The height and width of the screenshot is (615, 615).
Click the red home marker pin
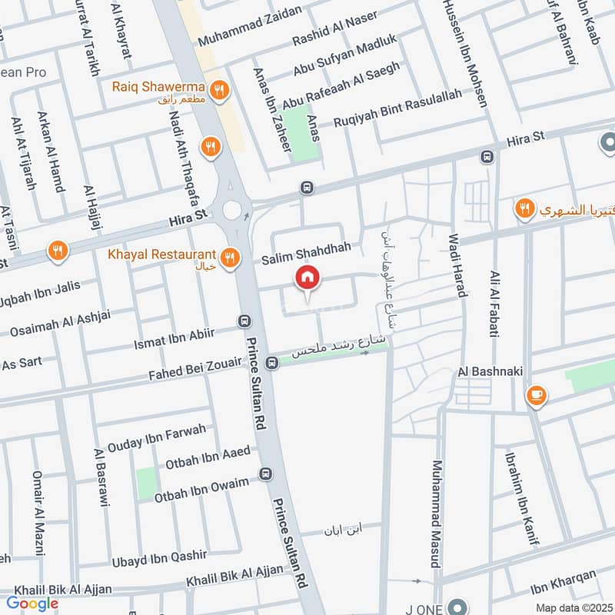(307, 278)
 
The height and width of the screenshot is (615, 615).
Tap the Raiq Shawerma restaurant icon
(219, 91)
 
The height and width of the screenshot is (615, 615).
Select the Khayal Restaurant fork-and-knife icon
(228, 255)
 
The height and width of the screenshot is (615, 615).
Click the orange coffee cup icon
(537, 395)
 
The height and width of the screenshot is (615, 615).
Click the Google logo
(32, 603)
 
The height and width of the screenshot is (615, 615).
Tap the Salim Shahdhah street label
(306, 248)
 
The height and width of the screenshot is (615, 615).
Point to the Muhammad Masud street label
(437, 514)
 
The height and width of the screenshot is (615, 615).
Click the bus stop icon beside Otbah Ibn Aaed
(266, 474)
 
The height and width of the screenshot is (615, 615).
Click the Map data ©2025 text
(573, 607)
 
